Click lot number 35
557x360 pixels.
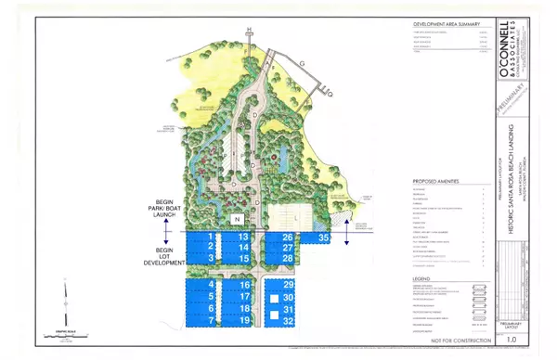(x=324, y=238)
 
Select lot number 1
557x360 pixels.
(x=212, y=238)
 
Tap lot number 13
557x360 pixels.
(x=243, y=238)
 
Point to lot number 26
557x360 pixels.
(x=287, y=238)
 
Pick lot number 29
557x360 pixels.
(x=289, y=284)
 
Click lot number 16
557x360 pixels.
(x=245, y=284)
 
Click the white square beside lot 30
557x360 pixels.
(x=275, y=297)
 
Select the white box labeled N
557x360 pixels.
(x=238, y=218)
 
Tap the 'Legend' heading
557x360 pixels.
(x=415, y=276)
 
